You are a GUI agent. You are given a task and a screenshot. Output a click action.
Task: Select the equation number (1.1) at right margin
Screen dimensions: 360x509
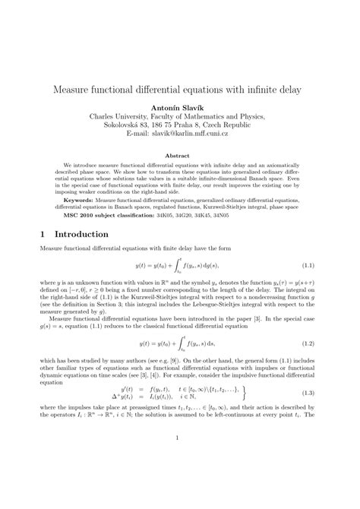(309, 267)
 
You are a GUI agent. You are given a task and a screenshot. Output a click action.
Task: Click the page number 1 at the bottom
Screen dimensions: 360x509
(179, 458)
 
